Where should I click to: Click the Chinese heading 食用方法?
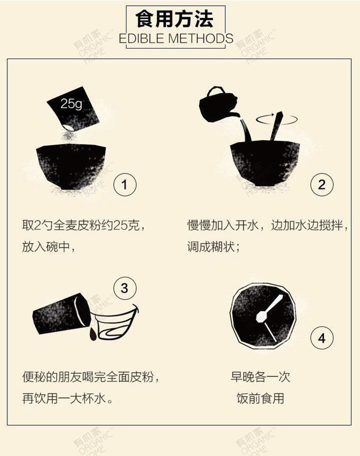pos(175,19)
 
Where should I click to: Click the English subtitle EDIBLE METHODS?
pos(176,38)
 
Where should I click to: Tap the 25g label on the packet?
pos(71,104)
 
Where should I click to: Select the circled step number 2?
pos(322,185)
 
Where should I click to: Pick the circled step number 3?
pos(124,287)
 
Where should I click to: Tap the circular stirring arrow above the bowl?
pos(278,118)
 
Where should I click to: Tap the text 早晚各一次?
pos(260,378)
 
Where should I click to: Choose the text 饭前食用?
pos(260,398)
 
